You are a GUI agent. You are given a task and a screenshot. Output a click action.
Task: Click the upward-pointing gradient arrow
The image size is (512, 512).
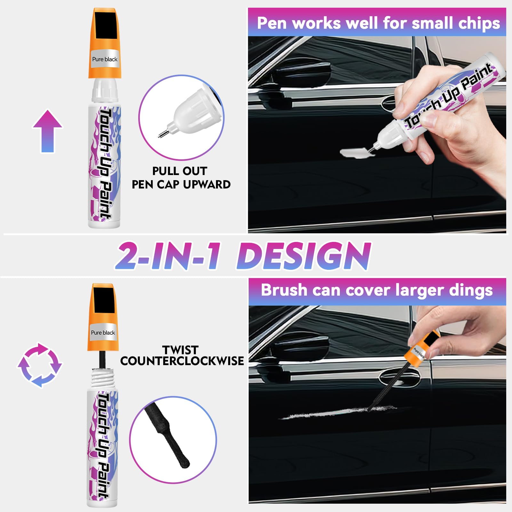click(x=48, y=131)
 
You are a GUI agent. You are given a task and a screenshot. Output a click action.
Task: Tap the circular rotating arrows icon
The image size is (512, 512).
click(x=40, y=365)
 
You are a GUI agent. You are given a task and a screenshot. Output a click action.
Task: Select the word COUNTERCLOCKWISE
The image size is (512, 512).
click(x=182, y=361)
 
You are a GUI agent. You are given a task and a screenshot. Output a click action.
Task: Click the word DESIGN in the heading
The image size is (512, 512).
click(x=303, y=256)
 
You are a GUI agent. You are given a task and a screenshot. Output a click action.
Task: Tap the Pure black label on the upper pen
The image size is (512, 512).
click(x=105, y=59)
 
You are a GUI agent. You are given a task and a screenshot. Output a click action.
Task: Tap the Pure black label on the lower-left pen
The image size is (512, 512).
click(x=103, y=333)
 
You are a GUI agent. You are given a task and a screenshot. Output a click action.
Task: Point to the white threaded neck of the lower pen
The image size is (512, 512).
click(x=102, y=379)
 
